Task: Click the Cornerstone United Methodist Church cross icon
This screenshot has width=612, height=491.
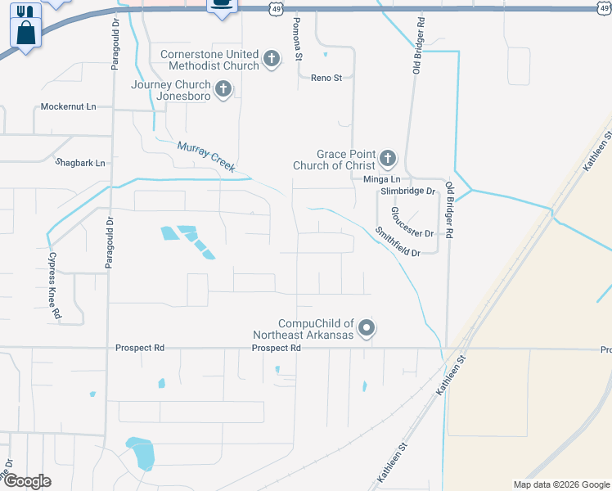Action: point(272,59)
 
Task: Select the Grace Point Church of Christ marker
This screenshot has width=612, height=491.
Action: point(387,158)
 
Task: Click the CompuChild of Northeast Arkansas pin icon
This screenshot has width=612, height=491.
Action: point(367,328)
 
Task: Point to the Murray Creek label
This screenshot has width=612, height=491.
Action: point(206,156)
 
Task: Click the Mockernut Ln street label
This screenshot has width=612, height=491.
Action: point(69,107)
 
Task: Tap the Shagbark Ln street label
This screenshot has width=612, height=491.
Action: point(80,163)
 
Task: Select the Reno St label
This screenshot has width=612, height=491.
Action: point(326,78)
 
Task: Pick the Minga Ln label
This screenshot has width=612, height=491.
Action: point(384,178)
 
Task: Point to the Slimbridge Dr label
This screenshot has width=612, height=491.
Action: point(407,191)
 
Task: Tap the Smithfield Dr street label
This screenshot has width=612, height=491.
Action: point(398,242)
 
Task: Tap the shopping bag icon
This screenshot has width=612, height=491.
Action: point(26,34)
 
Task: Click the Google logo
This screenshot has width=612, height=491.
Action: point(26,481)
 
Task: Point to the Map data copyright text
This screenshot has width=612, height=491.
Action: point(560,484)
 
